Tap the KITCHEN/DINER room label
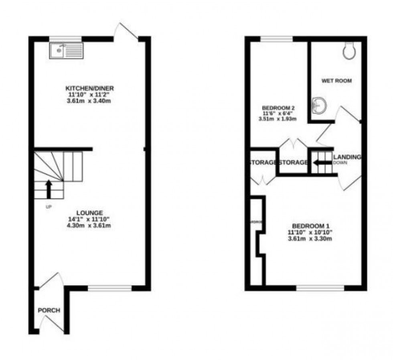(89, 88)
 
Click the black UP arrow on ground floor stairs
(49, 189)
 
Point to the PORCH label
(49, 310)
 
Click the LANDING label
(347, 157)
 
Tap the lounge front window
(109, 288)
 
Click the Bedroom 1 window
(320, 288)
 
